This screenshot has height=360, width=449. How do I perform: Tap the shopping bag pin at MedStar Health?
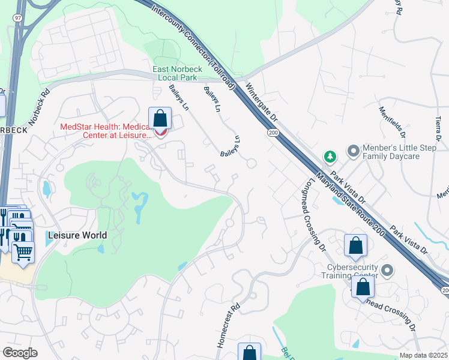pos(160,119)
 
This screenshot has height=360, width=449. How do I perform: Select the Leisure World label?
pos(77,236)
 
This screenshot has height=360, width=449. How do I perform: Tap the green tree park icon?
pos(330,157)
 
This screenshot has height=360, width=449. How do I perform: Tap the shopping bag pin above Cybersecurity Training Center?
pos(355,245)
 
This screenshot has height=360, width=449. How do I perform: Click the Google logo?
pos(20,353)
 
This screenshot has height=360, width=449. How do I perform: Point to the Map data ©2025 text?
pos(423,355)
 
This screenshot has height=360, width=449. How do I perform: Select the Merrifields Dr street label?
pos(392,123)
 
